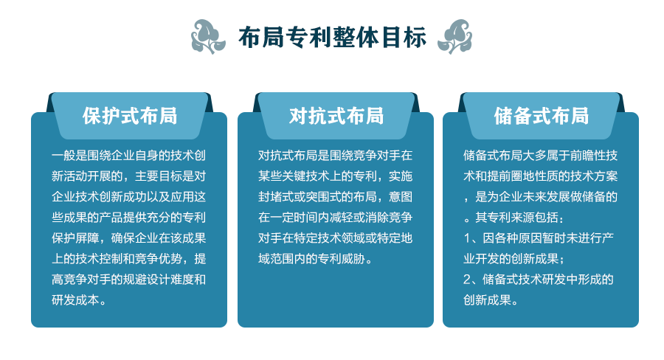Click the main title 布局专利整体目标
332,37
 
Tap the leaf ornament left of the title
207,37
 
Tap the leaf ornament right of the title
455,37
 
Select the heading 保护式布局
130,116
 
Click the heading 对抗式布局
336,116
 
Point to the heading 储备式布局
542,116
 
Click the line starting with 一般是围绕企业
128,156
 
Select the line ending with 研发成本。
79,300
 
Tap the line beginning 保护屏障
128,238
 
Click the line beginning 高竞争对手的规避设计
128,280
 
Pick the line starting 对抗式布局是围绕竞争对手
336,156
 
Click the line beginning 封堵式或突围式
336,197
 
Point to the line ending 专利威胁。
316,259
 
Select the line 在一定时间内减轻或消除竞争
336,218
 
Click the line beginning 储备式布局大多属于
540,156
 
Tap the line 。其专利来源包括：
513,218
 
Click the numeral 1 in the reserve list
467,238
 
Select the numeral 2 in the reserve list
467,280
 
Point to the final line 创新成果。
491,300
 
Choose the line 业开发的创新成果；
513,259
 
